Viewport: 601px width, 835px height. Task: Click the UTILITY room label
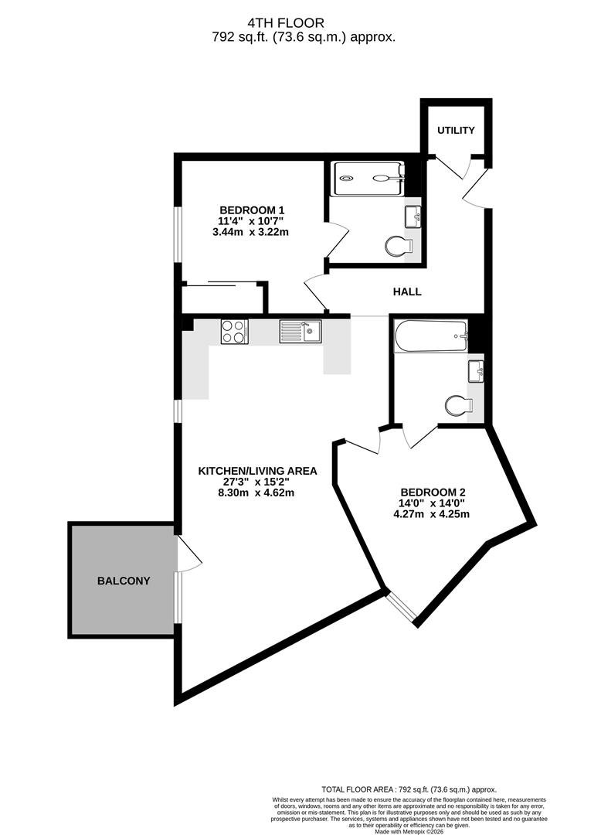point(456,131)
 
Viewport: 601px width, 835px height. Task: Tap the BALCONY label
point(124,581)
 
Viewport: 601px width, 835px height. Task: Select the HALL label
point(407,291)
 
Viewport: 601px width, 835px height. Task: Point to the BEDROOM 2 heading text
point(433,492)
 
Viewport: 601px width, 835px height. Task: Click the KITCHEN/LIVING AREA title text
point(257,472)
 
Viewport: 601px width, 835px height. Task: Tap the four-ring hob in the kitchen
point(234,331)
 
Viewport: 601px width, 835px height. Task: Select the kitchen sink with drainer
point(300,331)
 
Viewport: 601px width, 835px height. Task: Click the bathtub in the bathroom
point(431,336)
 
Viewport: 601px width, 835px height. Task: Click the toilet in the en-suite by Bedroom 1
point(399,247)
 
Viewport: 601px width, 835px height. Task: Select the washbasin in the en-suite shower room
point(413,216)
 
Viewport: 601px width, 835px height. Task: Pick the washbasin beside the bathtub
point(476,370)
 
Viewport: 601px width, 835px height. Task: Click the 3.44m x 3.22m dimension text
point(250,232)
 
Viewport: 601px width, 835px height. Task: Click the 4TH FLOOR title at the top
point(286,23)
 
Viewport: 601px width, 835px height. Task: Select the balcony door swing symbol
point(188,554)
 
